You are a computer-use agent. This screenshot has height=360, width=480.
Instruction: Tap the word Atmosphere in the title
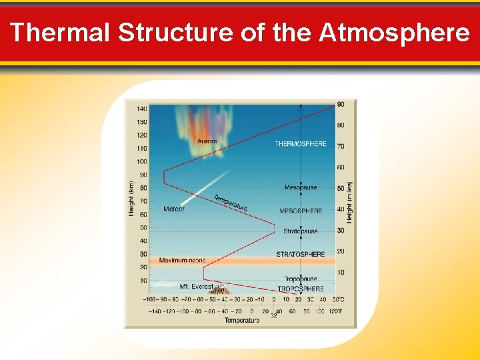394,32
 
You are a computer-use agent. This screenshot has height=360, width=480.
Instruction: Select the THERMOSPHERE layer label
301,144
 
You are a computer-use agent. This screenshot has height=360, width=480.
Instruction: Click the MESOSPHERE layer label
301,211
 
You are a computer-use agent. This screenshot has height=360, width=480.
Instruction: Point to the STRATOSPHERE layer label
301,254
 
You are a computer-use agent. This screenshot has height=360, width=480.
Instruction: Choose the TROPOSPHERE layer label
301,289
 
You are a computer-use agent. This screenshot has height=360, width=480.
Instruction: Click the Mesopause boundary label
301,188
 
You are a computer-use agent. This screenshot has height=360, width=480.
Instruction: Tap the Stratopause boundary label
301,231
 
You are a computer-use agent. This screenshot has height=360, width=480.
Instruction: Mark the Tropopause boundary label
301,279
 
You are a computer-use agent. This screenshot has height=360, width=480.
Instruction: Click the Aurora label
207,141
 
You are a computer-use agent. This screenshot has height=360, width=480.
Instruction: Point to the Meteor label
174,209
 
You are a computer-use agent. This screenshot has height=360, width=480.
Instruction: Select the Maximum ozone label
182,260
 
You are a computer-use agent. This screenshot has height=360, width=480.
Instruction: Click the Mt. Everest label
197,287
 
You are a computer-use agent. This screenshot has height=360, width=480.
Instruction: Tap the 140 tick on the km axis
142,109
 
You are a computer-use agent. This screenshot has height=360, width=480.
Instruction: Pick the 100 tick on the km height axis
142,161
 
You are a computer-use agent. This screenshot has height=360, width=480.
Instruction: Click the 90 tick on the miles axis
341,104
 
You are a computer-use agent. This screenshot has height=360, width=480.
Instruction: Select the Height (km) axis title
131,198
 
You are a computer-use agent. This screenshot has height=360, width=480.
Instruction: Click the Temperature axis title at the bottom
242,321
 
